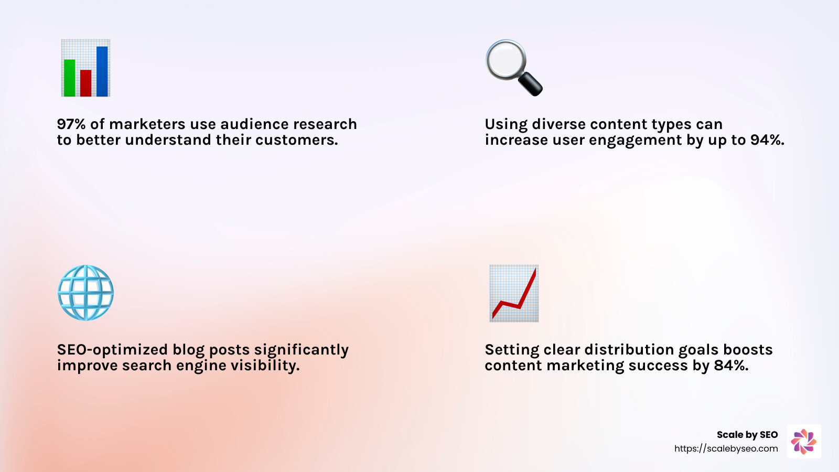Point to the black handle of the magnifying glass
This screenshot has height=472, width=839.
pos(531,84)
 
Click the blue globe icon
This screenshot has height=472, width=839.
pos(85,293)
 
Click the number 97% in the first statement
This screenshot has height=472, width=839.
pos(71,124)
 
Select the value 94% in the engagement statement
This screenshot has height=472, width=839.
pos(767,140)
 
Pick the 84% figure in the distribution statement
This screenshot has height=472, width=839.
pos(731,366)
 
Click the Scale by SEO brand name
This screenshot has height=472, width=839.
pos(747,435)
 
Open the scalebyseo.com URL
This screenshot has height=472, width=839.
pos(726,448)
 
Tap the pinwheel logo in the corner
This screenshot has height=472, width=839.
pos(804,442)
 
